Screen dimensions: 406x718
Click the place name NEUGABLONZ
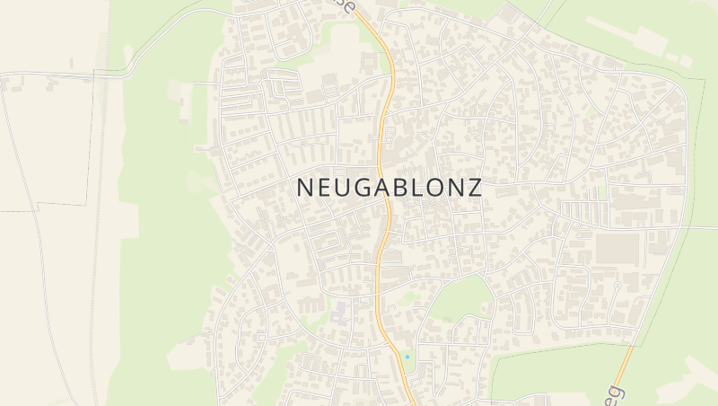(x=389, y=187)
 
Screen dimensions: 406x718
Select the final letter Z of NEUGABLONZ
(x=474, y=187)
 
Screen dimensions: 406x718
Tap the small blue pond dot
(x=407, y=357)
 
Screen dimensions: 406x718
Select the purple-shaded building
(x=339, y=312)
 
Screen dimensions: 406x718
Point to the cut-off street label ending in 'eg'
(x=617, y=393)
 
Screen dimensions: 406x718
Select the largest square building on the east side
(x=617, y=248)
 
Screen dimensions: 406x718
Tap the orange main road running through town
(x=383, y=207)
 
